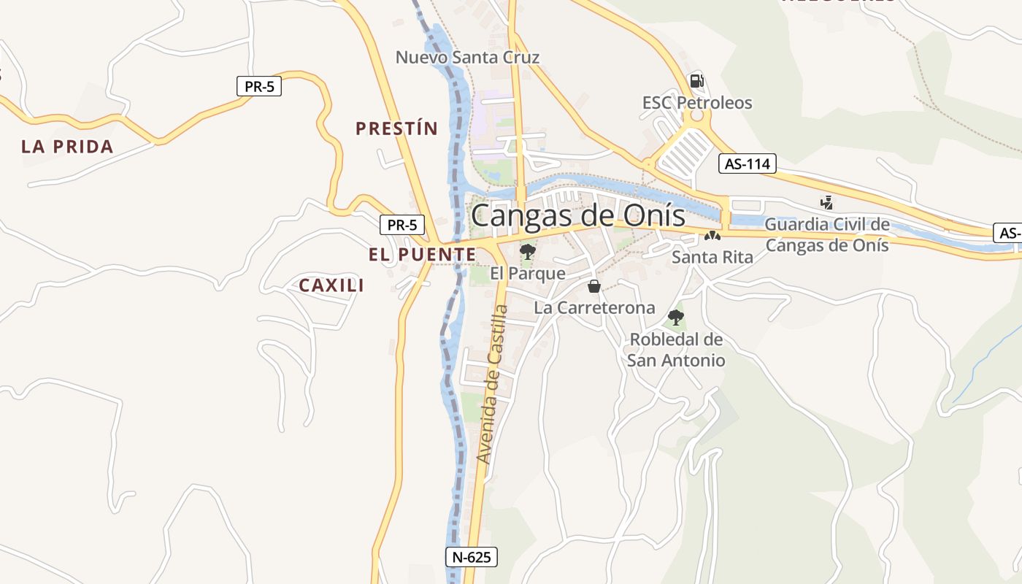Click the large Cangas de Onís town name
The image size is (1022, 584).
(x=578, y=216)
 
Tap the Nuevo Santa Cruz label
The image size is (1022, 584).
(x=467, y=57)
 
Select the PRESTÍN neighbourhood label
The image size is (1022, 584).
(x=396, y=129)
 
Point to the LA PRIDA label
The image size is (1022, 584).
(x=67, y=147)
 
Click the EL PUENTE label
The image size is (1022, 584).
(x=422, y=255)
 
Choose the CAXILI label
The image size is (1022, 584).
(x=331, y=285)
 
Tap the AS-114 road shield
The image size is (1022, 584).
(x=746, y=164)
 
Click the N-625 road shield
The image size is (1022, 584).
(x=471, y=557)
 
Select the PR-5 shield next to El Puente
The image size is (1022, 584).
(x=401, y=225)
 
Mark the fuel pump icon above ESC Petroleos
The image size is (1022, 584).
(x=696, y=81)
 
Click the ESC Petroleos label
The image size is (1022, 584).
(x=697, y=103)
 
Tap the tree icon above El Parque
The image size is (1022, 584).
(x=527, y=253)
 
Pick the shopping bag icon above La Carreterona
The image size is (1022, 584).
(x=594, y=285)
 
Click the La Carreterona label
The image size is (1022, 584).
(x=594, y=308)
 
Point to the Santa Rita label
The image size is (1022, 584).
(x=712, y=257)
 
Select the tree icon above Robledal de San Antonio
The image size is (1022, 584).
(x=676, y=317)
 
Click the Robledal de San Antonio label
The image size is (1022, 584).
(x=676, y=350)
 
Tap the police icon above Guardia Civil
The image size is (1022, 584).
(x=826, y=202)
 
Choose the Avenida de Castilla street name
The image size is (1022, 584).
(x=491, y=384)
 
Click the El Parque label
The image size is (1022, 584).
(x=528, y=274)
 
